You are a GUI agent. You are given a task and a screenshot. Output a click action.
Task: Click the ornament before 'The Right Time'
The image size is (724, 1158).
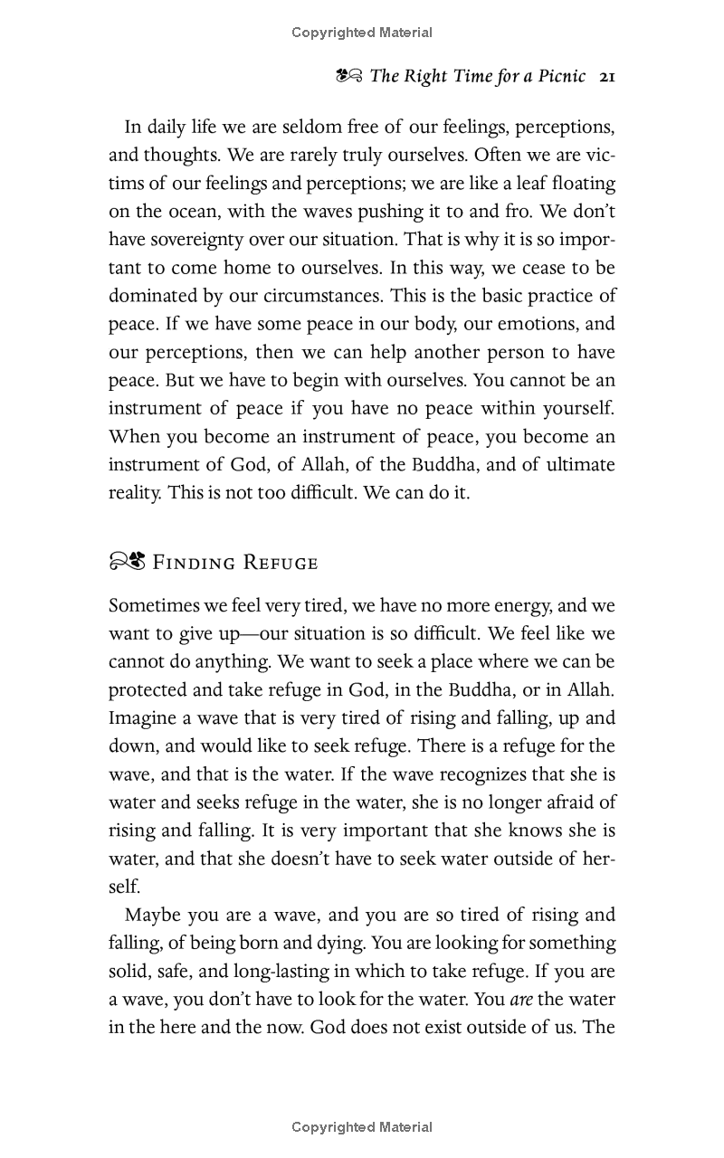coord(348,76)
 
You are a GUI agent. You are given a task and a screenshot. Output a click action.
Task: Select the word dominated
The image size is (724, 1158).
coord(152,296)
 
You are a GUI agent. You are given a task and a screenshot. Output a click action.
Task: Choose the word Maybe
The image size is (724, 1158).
coord(151,915)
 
